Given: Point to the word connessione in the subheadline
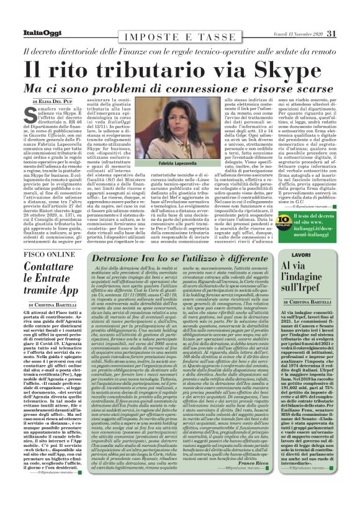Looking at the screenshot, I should [188, 86].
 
